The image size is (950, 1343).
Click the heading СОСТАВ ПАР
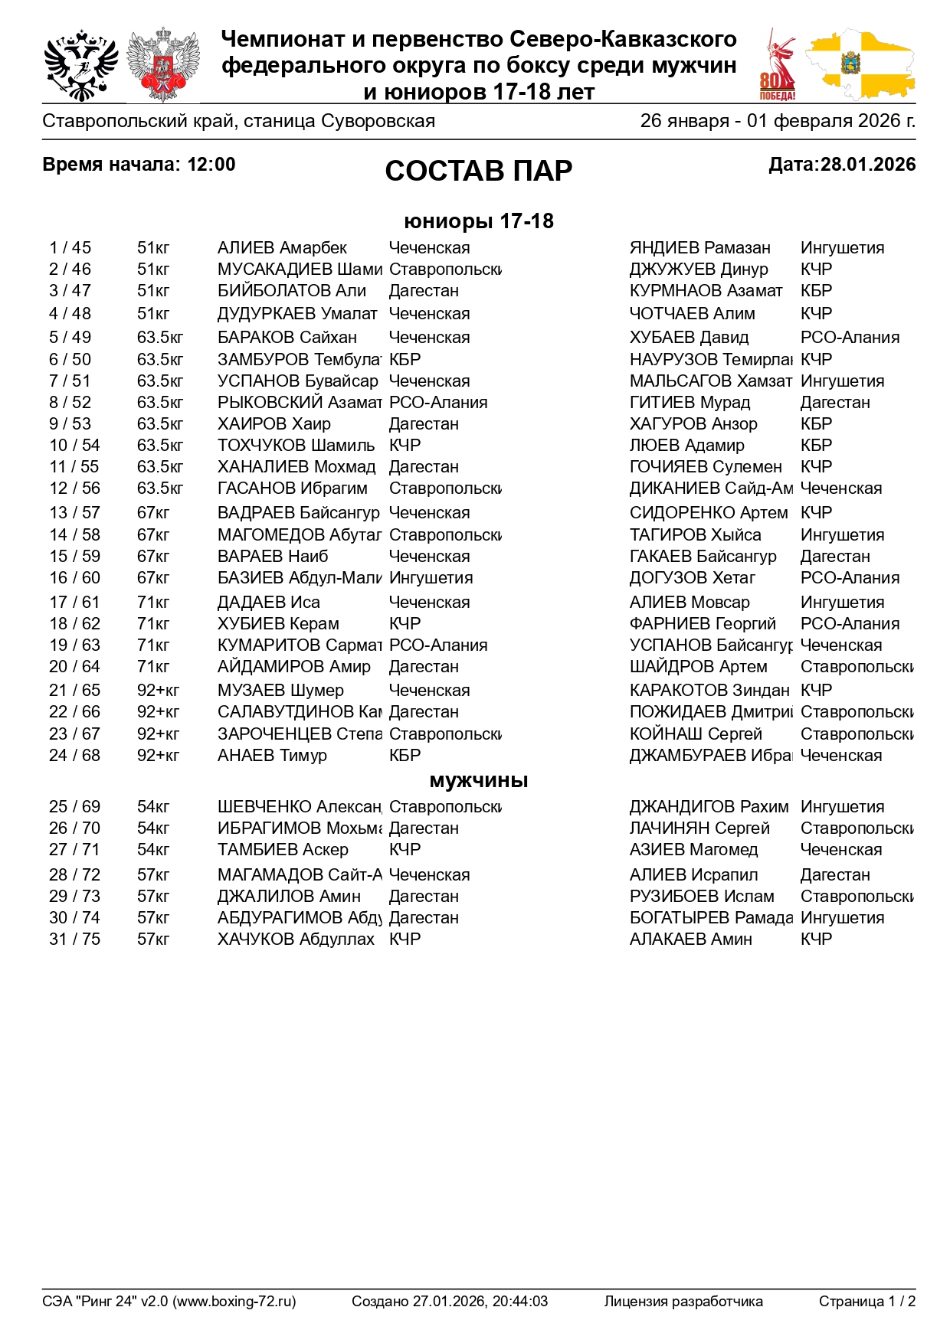tap(478, 171)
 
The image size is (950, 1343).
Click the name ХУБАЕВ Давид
tap(689, 338)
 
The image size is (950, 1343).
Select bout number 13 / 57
tap(74, 513)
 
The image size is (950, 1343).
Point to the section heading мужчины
tap(478, 781)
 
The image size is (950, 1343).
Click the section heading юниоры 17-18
tap(478, 221)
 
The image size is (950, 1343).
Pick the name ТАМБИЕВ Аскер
tap(283, 850)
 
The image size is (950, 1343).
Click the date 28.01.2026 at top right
tap(867, 165)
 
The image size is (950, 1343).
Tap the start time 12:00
tap(211, 165)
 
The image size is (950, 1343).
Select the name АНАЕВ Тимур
tap(272, 756)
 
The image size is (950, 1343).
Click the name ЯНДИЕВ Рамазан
tap(699, 248)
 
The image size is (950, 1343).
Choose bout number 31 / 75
tap(74, 939)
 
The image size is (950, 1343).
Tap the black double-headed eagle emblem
tap(80, 66)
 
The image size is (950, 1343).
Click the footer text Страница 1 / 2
tap(866, 1301)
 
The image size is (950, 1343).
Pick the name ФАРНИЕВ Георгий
tap(703, 624)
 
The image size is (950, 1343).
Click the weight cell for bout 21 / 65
tap(158, 691)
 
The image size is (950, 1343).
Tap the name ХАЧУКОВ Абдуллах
tap(296, 939)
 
